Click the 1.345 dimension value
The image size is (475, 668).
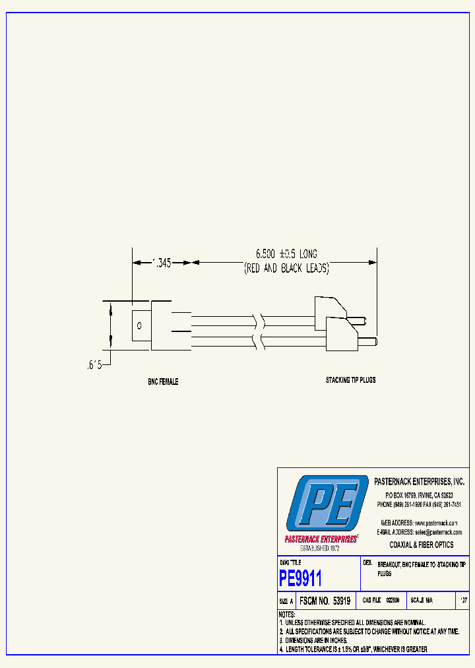coord(161,263)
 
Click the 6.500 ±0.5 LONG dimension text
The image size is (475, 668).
coord(286,254)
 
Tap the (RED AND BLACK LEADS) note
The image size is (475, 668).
coord(286,269)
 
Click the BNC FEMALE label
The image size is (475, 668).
coord(162,382)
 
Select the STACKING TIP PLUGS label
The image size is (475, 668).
coord(350,380)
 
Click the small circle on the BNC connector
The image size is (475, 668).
coord(139,326)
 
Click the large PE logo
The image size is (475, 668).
coord(327,504)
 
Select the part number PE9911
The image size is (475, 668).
coord(301,579)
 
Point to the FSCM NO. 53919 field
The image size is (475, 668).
coord(325,601)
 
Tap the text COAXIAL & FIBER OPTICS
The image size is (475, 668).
coord(422,545)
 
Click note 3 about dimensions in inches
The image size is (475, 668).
coord(313,640)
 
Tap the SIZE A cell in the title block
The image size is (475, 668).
coord(286,601)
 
